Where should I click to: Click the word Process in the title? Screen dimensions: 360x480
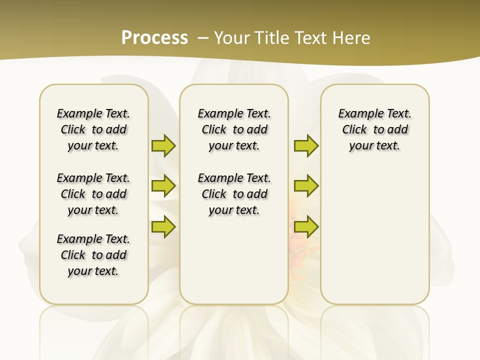coord(154,37)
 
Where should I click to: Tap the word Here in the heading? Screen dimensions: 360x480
coord(352,38)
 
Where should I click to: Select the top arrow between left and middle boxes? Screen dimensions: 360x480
coord(163,145)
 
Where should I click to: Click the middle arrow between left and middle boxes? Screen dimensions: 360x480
coord(163,186)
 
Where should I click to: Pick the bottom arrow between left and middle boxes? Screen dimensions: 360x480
coord(163,226)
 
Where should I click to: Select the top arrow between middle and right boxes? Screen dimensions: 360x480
coord(306,145)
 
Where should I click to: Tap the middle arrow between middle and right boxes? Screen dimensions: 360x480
coord(306,186)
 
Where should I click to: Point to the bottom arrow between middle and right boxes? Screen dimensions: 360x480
coord(306,226)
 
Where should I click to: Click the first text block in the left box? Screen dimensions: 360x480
coord(93,129)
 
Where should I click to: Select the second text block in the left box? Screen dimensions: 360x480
coord(93,194)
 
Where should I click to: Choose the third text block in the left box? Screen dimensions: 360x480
coord(93,255)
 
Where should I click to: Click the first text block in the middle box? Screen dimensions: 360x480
coord(234,129)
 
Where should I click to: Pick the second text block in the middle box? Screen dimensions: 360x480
coord(234,194)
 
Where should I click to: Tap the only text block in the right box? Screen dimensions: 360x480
coord(374,129)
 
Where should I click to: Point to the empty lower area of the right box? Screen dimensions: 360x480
coord(374,235)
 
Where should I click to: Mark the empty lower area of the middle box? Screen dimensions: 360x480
coord(234,260)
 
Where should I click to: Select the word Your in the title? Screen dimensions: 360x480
coord(231,38)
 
